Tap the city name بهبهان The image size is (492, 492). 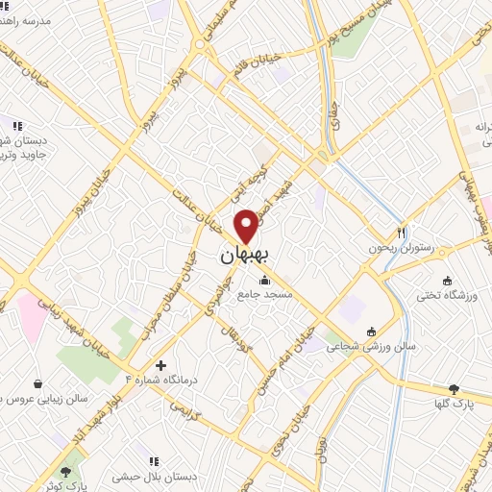point(241,256)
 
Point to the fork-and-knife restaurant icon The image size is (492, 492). point(401,233)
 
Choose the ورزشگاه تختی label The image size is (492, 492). point(453,292)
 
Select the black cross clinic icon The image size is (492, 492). point(160,364)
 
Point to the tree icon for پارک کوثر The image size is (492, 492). point(65,472)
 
